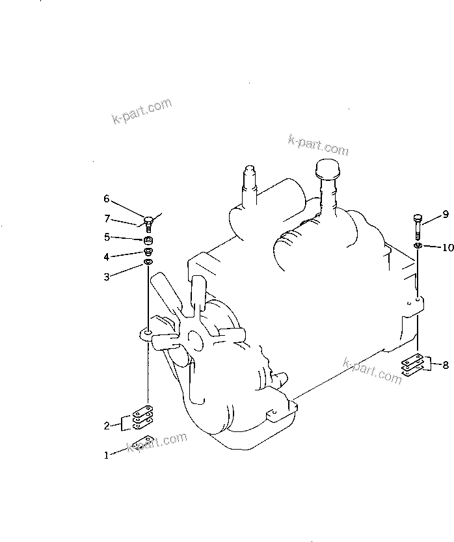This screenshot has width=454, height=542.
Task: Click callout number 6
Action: pyautogui.click(x=107, y=198)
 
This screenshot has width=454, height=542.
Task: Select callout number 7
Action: pyautogui.click(x=107, y=219)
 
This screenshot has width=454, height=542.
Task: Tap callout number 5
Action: pyautogui.click(x=107, y=237)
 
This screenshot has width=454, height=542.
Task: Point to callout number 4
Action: pyautogui.click(x=107, y=257)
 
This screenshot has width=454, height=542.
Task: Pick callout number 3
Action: pyautogui.click(x=107, y=277)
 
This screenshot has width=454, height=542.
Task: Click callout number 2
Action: pyautogui.click(x=107, y=426)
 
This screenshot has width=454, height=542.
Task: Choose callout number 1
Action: pyautogui.click(x=107, y=455)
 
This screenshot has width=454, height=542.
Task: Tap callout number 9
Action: pyautogui.click(x=446, y=215)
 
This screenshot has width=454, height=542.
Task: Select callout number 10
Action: pyautogui.click(x=447, y=247)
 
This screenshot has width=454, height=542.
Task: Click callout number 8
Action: pyautogui.click(x=446, y=364)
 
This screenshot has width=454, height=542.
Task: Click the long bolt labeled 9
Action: pyautogui.click(x=418, y=228)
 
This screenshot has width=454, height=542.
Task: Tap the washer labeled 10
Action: pyautogui.click(x=418, y=246)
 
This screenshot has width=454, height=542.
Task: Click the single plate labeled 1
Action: pyautogui.click(x=142, y=442)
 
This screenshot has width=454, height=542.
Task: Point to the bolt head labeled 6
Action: pyautogui.click(x=148, y=219)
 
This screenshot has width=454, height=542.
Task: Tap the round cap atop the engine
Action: pyautogui.click(x=327, y=168)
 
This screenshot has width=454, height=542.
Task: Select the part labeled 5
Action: pyautogui.click(x=148, y=240)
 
